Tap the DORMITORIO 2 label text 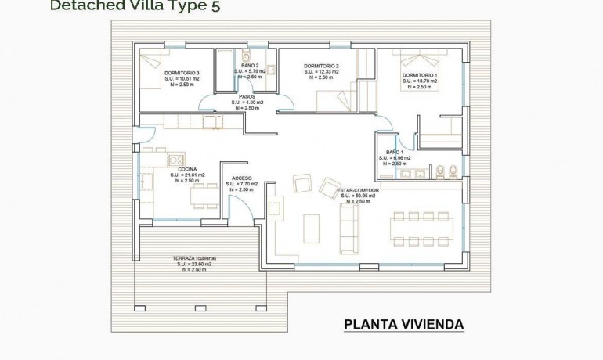click(x=321, y=66)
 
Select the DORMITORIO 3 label click(x=182, y=73)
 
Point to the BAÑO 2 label click(x=251, y=66)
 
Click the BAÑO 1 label click(x=395, y=152)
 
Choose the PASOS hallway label click(x=247, y=96)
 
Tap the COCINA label click(x=187, y=169)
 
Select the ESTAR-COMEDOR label click(x=358, y=190)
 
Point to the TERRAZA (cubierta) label click(x=194, y=258)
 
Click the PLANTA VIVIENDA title click(x=403, y=324)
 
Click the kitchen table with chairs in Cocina click(x=202, y=196)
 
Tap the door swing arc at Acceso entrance click(x=241, y=208)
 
